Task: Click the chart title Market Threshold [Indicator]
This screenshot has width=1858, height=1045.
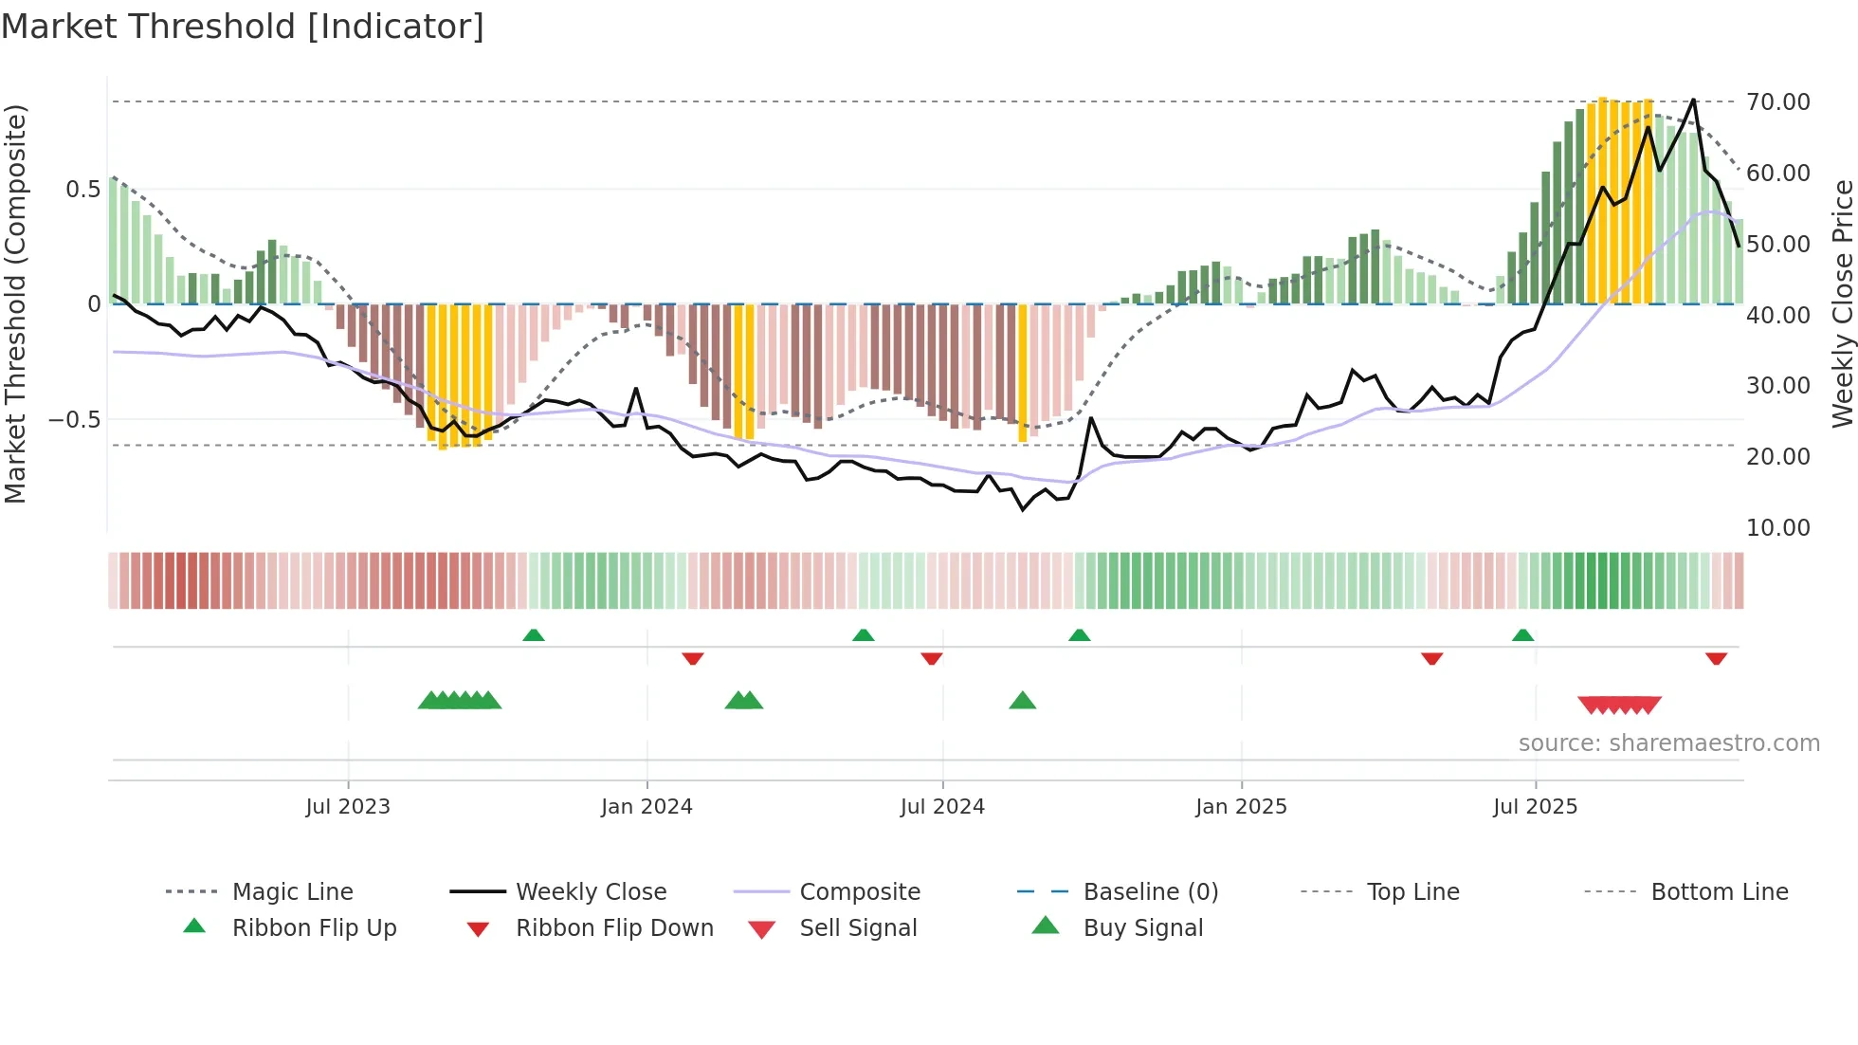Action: [x=243, y=27]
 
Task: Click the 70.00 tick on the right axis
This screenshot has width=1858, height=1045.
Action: [x=1777, y=101]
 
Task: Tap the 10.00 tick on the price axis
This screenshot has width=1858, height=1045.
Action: [x=1777, y=527]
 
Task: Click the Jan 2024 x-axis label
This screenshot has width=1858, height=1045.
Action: [x=647, y=806]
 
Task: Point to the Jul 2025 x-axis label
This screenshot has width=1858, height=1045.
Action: [x=1535, y=806]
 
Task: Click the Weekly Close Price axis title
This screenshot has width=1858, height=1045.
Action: [x=1842, y=303]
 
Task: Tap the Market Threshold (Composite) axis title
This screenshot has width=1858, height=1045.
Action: [x=15, y=303]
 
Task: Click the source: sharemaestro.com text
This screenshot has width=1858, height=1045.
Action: [x=1668, y=742]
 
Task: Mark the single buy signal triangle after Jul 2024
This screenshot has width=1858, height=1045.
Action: [x=1022, y=701]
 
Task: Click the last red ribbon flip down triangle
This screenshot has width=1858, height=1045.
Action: [x=1716, y=658]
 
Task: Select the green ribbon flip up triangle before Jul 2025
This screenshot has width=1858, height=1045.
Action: [x=1522, y=635]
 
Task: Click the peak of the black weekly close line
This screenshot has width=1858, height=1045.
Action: [x=1693, y=100]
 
